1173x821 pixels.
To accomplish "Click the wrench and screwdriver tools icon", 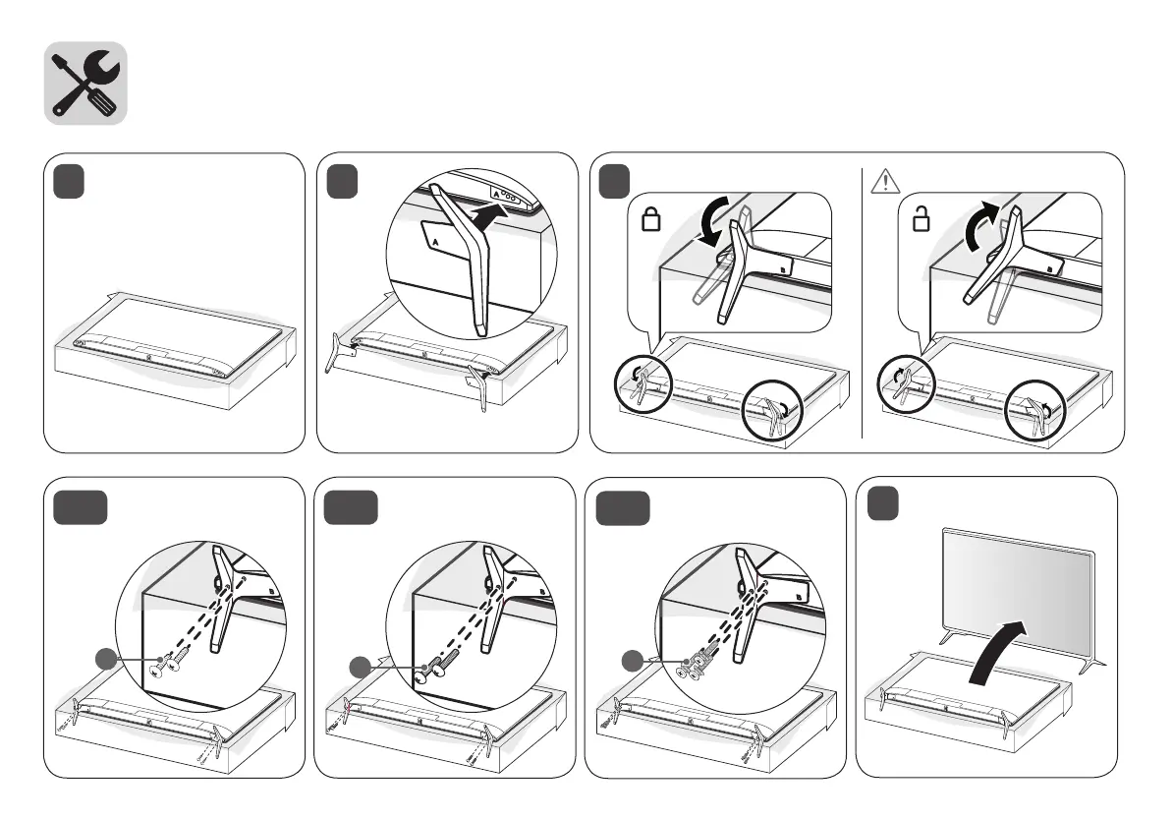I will tap(85, 84).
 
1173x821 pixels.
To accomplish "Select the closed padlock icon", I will tap(649, 218).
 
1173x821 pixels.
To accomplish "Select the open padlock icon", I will tap(921, 218).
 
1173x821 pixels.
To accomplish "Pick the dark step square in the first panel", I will tap(70, 183).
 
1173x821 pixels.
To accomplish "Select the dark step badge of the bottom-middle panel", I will tap(351, 507).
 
